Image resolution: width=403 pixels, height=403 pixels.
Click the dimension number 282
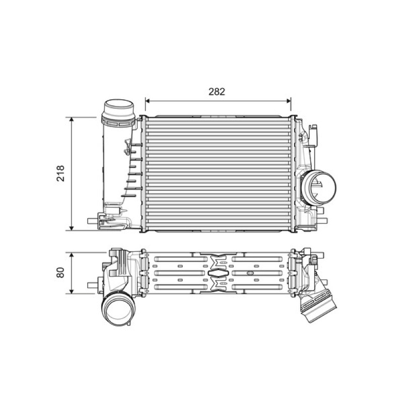point(217,92)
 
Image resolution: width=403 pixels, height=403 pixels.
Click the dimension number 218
point(60,173)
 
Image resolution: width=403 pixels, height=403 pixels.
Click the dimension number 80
point(60,273)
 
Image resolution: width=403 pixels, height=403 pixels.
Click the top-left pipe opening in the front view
point(118,105)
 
